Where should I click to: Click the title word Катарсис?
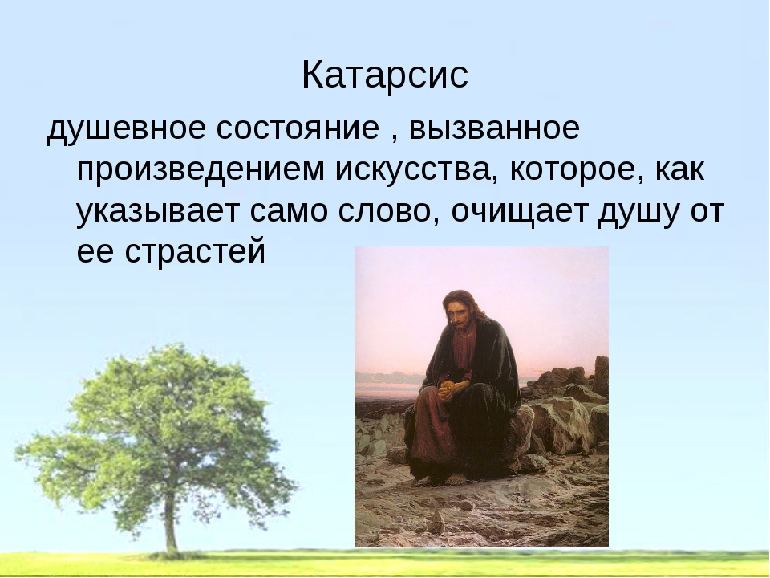384,75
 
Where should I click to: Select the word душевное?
126,129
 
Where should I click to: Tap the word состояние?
298,128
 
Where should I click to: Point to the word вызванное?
495,128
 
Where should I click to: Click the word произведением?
201,170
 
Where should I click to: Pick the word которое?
577,170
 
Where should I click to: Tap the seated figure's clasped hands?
448,389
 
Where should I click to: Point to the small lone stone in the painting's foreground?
436,522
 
